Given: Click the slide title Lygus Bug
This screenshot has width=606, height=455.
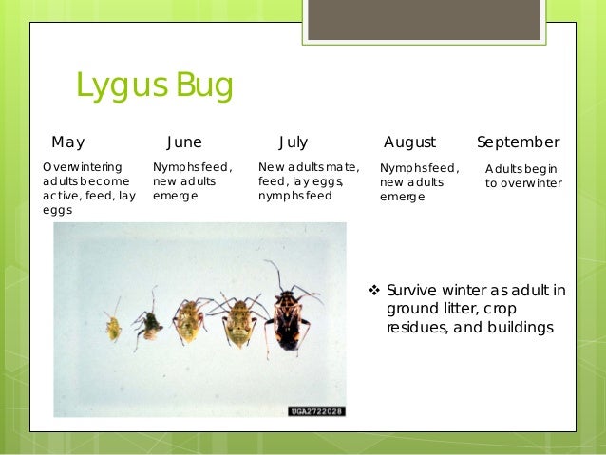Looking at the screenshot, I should (154, 86).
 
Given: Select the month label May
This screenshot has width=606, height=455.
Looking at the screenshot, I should (67, 142).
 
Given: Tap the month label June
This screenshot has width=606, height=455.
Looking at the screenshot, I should (184, 142).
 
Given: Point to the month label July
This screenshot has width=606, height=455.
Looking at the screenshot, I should (294, 142).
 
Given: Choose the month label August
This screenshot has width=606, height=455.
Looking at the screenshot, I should (409, 142).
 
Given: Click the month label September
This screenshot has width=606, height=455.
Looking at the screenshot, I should (518, 142).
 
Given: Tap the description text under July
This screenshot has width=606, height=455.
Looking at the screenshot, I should (308, 180).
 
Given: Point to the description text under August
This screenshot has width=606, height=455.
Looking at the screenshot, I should (419, 182).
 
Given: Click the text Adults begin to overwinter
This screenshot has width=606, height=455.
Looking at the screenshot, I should (523, 176).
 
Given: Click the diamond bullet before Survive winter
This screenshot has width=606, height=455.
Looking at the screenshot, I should (373, 291).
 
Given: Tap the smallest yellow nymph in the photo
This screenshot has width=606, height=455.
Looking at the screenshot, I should (113, 327).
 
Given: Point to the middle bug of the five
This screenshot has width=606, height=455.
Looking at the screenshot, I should (189, 320).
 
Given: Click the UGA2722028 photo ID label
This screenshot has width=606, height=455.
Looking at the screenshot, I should (316, 410).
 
